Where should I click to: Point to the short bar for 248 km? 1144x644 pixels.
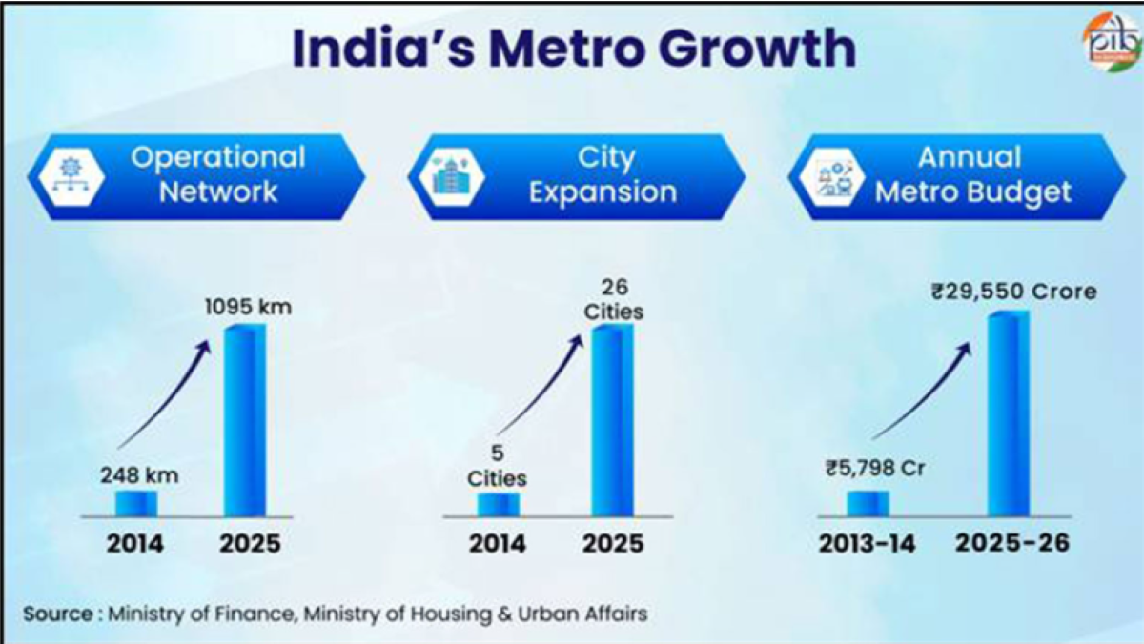tap(136, 503)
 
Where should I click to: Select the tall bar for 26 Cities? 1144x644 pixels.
tap(612, 421)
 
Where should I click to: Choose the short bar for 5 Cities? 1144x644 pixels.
tap(499, 504)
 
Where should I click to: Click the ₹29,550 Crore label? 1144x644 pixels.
tap(1014, 292)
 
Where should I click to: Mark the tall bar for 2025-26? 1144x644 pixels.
tap(1009, 414)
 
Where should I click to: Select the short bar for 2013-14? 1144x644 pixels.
tap(868, 503)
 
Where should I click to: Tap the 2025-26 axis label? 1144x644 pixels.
tap(1011, 544)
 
